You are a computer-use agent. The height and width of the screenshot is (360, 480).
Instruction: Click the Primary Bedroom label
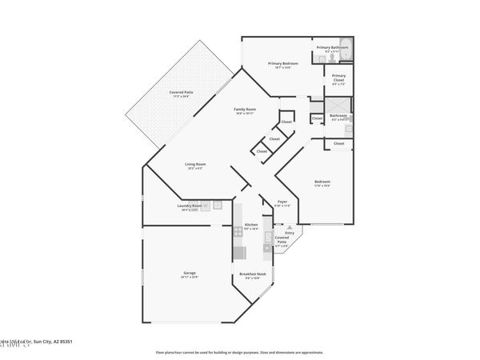pos(283,63)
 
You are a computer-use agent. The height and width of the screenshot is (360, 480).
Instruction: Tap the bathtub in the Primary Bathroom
pos(345,45)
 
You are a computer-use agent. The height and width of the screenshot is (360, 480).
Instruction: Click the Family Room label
pos(244,109)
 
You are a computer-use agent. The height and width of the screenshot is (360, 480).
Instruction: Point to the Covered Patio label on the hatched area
pos(181,92)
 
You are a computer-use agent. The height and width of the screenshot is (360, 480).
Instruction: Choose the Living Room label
pos(195,165)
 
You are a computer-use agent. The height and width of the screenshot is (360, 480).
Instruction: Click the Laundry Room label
pos(190,206)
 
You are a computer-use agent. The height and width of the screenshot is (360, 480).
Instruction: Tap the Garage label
pos(190,273)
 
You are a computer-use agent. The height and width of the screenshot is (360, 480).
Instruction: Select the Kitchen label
pos(250,225)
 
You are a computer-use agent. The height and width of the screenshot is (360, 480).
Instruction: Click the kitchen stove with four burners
pos(238,231)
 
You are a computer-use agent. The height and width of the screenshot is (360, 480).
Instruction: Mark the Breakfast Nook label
pos(253,274)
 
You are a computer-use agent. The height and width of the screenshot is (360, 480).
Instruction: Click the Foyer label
pos(282,202)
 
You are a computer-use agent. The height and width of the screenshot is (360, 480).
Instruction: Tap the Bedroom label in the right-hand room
pos(322,182)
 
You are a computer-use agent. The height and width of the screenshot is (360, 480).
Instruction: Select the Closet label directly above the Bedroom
pos(339,143)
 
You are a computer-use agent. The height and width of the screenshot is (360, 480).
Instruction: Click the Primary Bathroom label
pos(333,47)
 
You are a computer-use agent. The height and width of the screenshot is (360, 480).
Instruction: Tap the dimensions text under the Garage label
pos(190,278)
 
